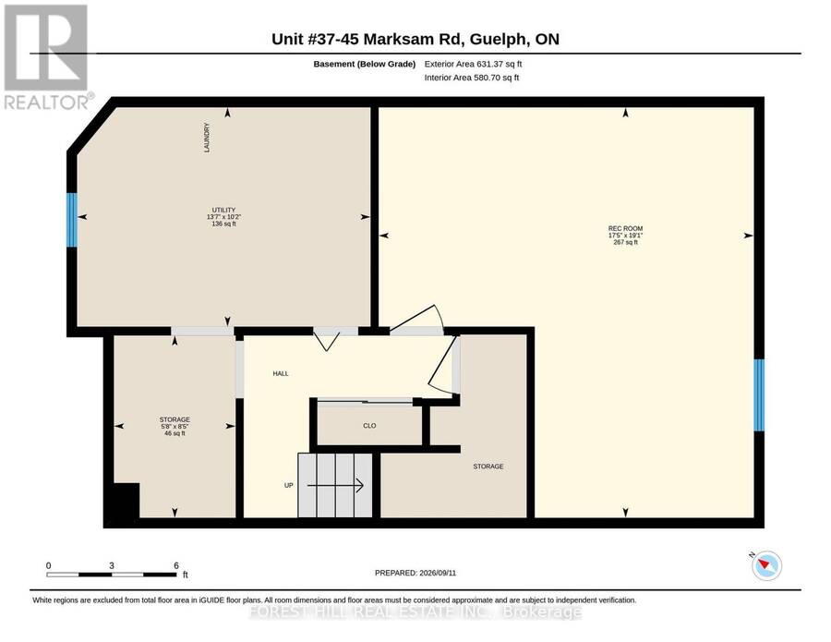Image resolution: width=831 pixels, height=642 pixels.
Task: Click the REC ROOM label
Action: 625,228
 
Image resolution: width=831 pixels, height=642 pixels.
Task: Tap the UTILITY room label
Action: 223,210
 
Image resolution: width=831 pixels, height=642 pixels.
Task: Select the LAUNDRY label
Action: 207,138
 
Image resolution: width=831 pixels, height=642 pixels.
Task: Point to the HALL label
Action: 281,374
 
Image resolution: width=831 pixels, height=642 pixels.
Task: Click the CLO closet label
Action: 369,426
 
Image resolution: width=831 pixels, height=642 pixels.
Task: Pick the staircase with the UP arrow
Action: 335,485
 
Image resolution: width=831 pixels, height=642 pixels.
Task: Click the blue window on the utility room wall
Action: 71,220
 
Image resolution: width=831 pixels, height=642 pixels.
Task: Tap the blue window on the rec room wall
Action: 759,395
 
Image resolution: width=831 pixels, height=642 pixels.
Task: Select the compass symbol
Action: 766,564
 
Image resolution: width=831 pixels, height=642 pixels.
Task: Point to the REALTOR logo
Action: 47,56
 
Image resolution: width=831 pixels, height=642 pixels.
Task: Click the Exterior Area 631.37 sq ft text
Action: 474,64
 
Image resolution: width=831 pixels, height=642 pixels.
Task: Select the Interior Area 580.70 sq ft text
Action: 472,78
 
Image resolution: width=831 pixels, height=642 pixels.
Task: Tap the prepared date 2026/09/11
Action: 438,573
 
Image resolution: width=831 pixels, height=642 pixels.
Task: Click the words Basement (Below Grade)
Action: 364,64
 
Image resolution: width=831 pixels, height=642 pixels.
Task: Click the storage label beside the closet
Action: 488,466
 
